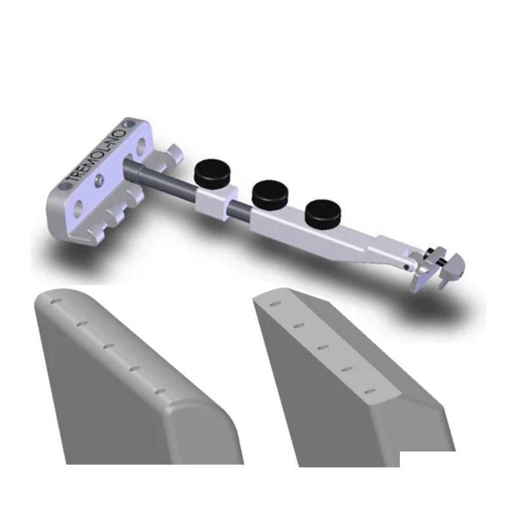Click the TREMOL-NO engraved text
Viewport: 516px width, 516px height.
point(97,154)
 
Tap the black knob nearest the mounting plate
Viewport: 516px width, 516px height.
point(210,173)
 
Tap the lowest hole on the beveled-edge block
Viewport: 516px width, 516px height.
point(369,392)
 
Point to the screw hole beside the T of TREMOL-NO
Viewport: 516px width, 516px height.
point(63,185)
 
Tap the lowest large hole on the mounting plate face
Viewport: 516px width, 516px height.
point(78,207)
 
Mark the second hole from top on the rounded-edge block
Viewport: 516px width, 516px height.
point(82,324)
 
